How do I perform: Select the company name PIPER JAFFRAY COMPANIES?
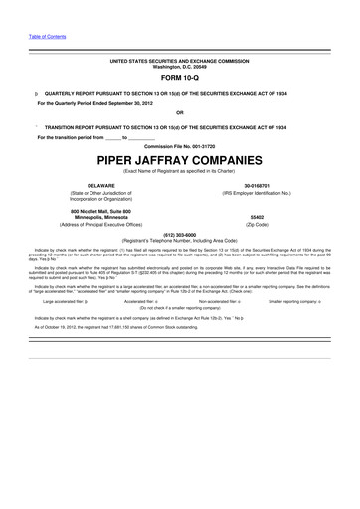click(180, 158)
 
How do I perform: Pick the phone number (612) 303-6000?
click(180, 235)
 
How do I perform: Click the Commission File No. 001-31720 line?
click(180, 145)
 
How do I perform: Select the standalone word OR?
click(180, 112)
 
